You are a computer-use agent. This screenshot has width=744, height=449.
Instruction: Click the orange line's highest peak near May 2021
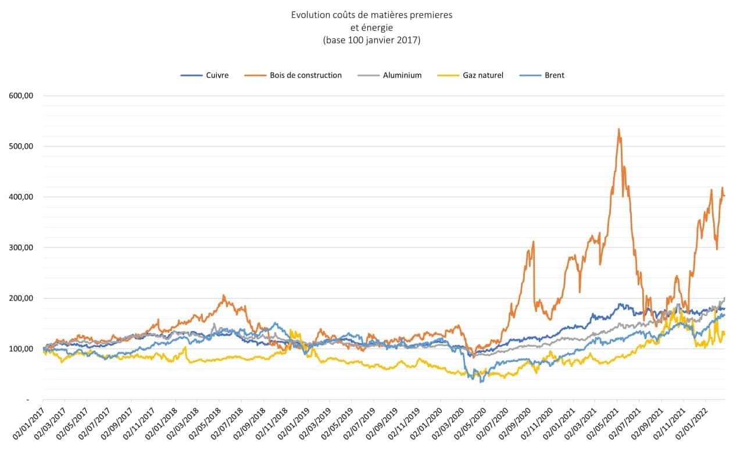click(x=619, y=129)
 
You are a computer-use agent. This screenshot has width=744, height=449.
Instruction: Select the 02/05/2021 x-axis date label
click(x=603, y=421)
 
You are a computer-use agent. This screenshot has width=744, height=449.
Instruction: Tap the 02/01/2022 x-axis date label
click(x=692, y=421)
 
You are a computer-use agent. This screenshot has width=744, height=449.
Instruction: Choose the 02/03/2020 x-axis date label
click(x=449, y=421)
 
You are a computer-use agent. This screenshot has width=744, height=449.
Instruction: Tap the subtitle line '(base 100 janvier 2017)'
click(x=371, y=41)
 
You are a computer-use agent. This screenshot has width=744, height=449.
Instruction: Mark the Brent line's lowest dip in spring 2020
click(x=481, y=382)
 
